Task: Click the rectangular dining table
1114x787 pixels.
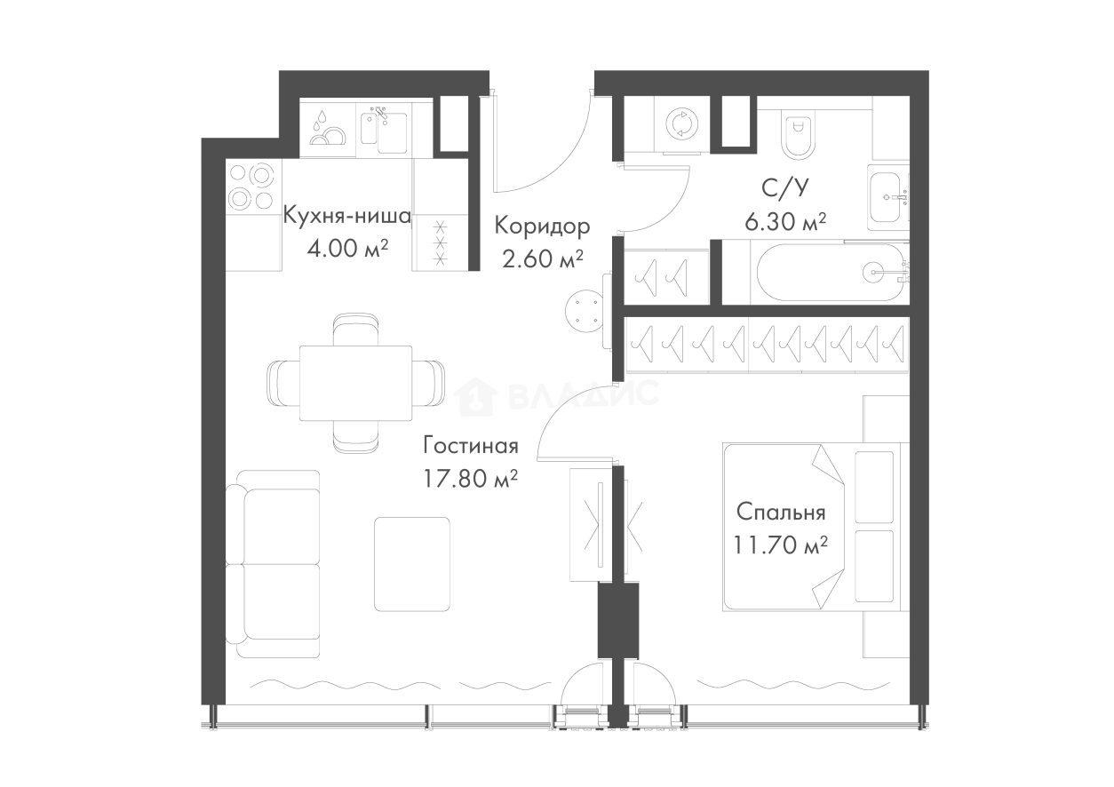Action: (x=359, y=383)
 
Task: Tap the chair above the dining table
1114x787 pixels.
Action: (x=355, y=328)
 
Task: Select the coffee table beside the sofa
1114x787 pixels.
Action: (x=412, y=563)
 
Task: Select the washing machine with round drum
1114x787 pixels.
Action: (x=681, y=123)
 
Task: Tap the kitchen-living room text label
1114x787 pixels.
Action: (x=469, y=462)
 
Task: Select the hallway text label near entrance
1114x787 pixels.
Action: (x=540, y=242)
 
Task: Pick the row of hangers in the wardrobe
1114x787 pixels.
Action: (x=764, y=342)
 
